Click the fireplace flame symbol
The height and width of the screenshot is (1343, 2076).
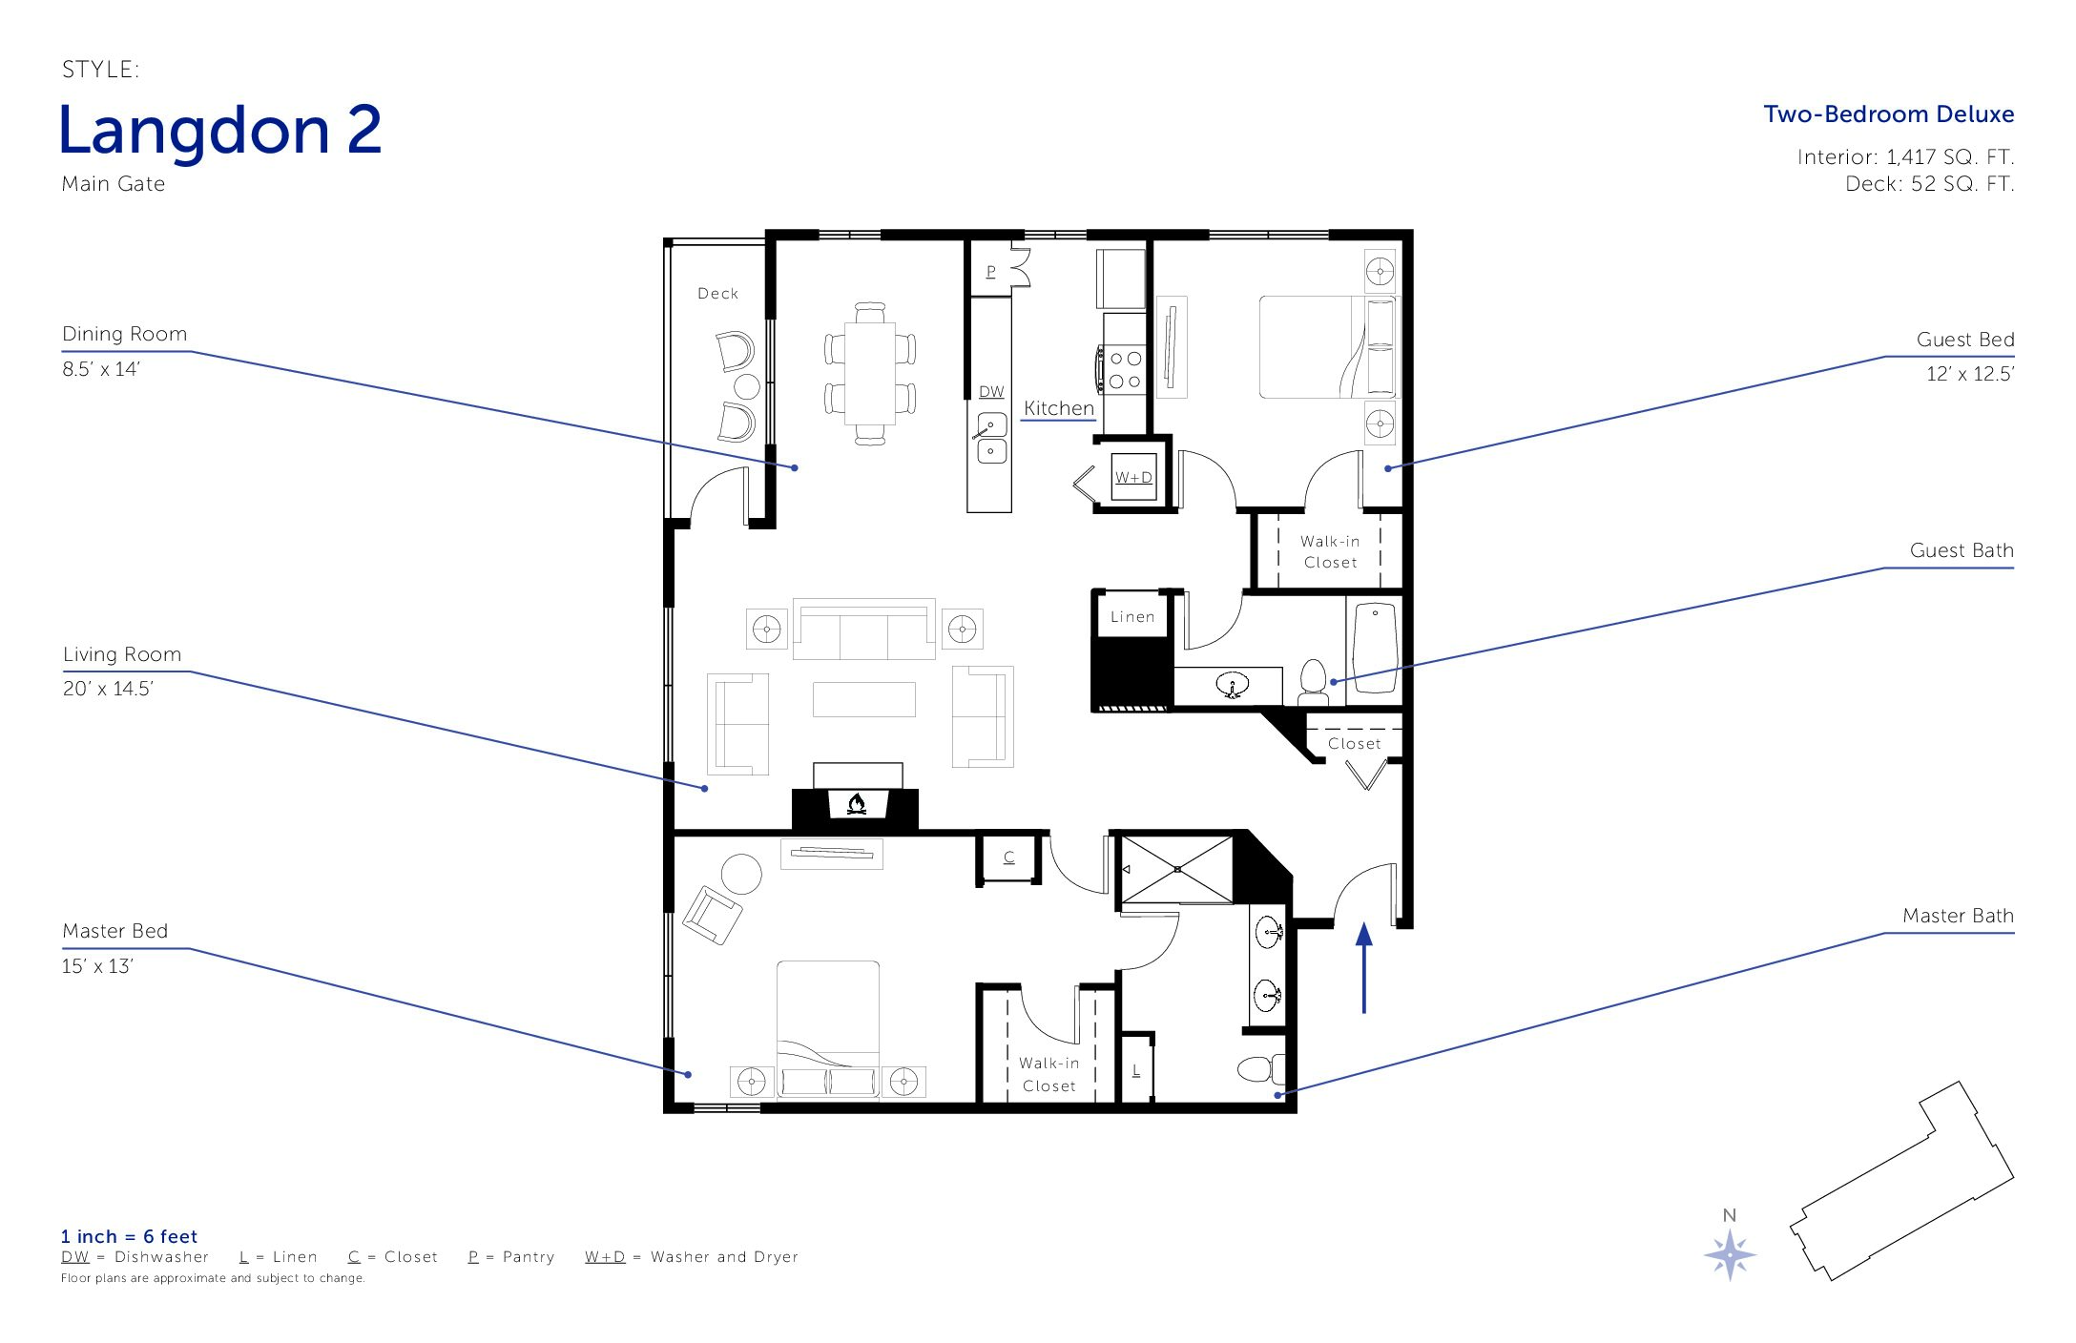857,804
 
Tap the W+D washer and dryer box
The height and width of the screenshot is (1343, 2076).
1133,477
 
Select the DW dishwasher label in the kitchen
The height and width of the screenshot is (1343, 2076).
991,392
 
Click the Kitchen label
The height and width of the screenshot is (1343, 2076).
1059,408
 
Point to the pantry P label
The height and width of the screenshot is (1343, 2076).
991,272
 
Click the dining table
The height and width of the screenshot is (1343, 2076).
870,373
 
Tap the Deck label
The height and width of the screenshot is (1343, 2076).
717,294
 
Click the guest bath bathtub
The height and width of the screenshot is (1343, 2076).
1375,650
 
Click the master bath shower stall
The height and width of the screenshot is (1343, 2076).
1177,869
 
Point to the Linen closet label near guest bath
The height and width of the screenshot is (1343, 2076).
1132,617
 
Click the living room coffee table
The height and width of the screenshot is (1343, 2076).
864,699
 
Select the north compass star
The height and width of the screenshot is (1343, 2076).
1730,1254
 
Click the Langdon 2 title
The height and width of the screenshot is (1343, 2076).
220,131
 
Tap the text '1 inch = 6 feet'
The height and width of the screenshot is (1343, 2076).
129,1236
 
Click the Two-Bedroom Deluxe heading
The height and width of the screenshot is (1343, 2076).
1889,114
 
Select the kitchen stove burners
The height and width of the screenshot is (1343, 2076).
1125,369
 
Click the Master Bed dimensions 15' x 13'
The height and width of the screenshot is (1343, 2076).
97,966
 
